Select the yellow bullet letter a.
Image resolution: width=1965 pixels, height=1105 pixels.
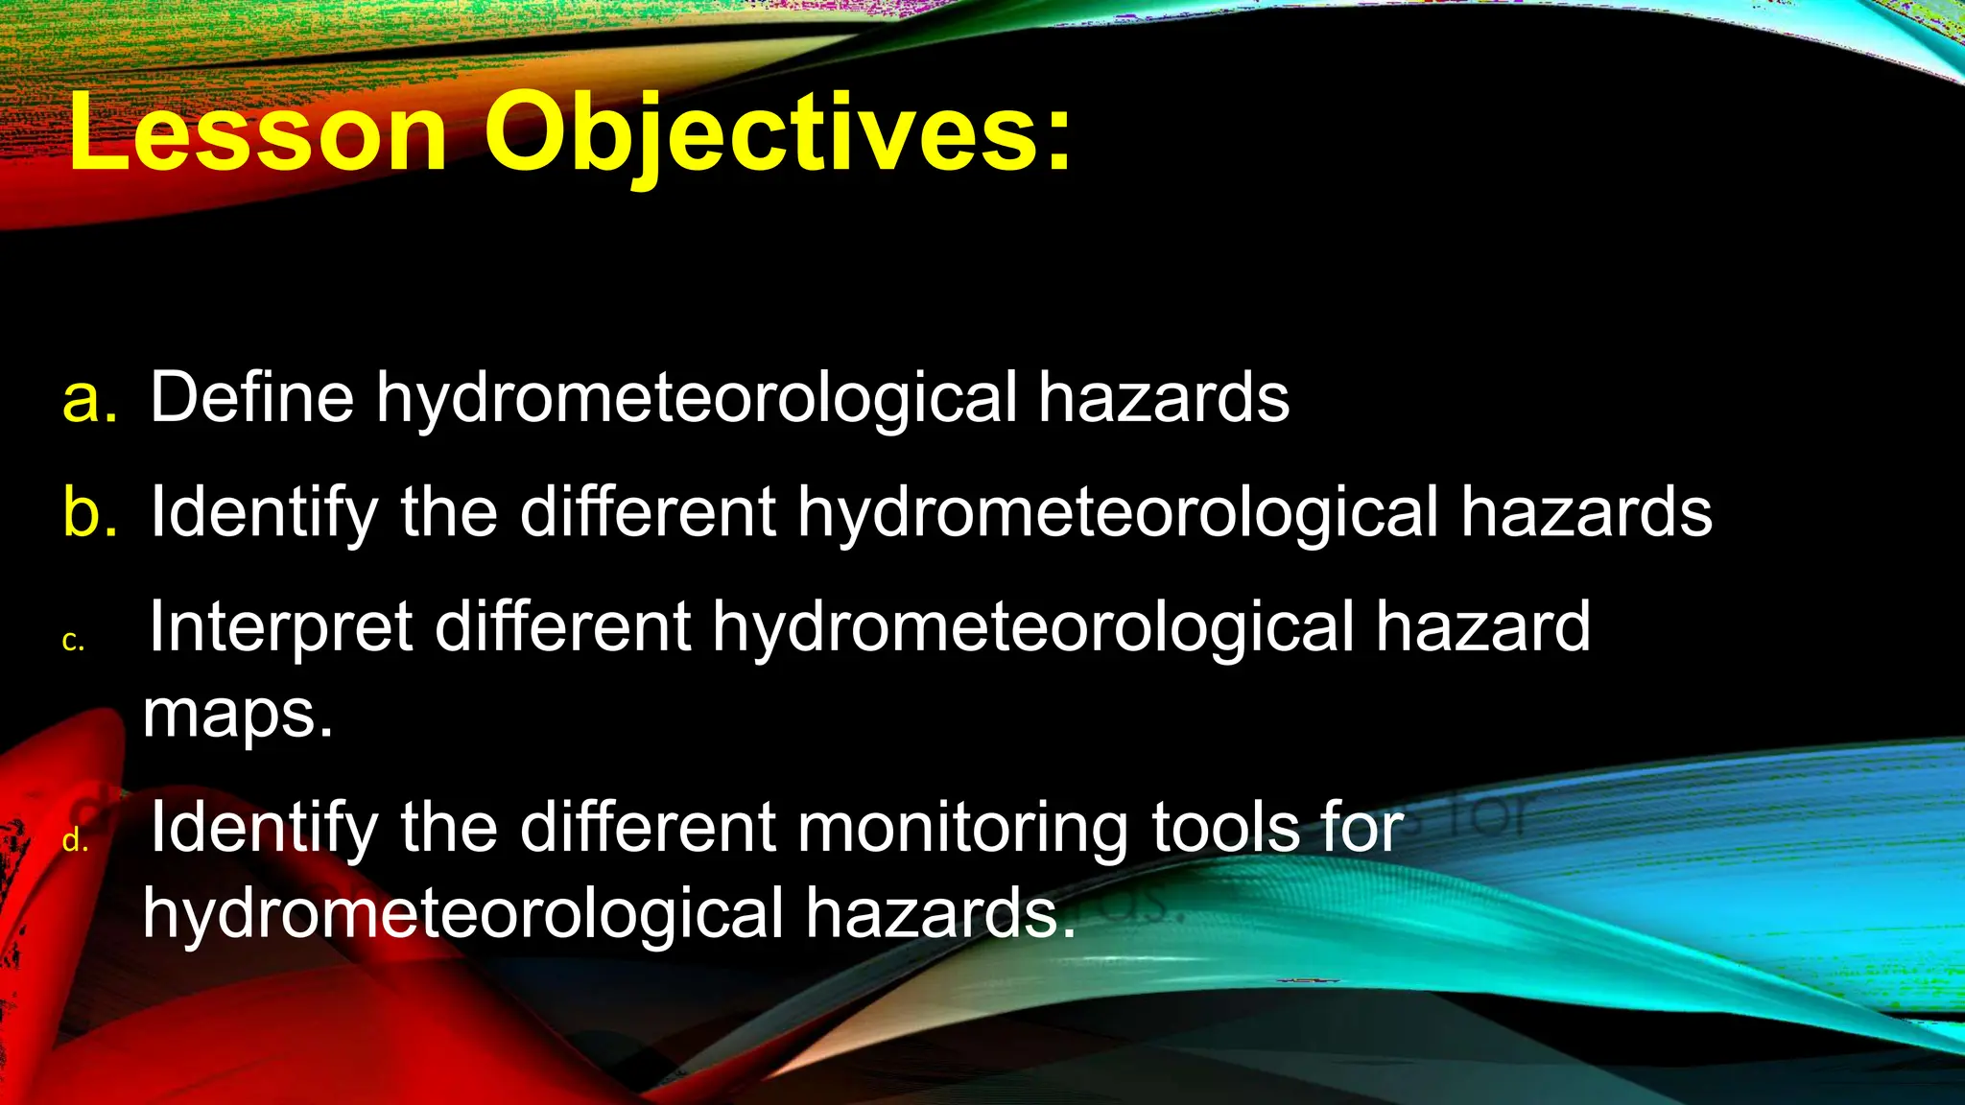(x=89, y=399)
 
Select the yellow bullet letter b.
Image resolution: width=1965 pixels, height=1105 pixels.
(x=89, y=512)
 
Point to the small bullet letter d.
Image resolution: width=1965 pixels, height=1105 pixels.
(x=75, y=841)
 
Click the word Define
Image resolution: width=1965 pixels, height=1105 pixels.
(x=251, y=397)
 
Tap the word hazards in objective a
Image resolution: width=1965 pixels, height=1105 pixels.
(x=1164, y=397)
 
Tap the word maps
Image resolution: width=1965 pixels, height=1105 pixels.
(x=237, y=715)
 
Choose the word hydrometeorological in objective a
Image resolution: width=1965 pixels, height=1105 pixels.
(x=697, y=399)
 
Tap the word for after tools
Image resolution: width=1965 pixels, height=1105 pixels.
(x=1361, y=828)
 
